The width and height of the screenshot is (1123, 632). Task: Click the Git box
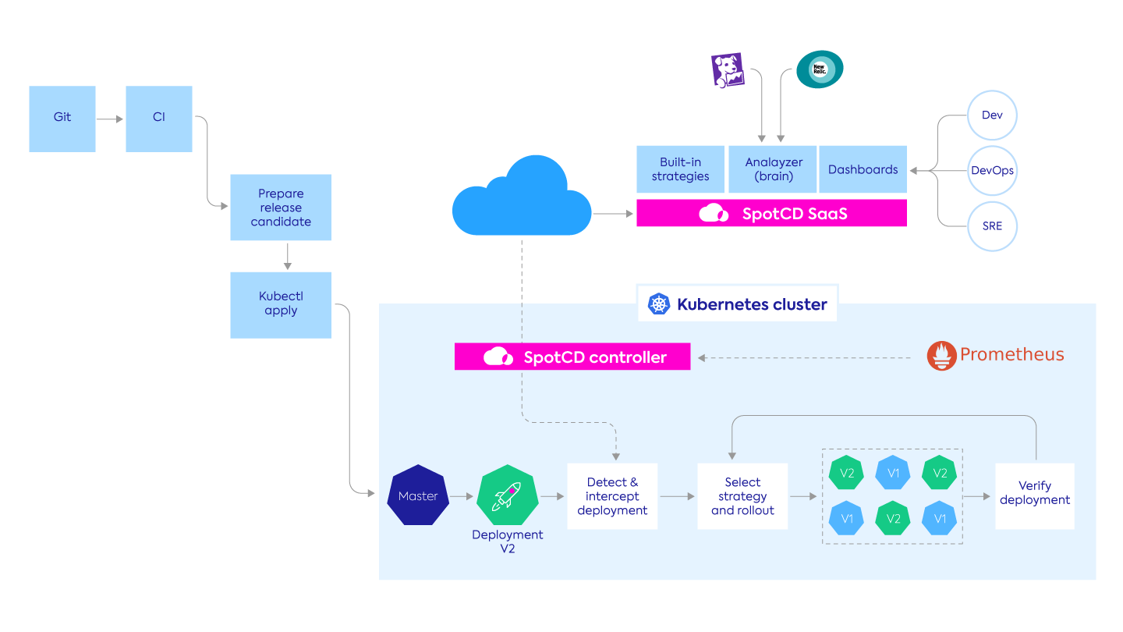[x=62, y=119]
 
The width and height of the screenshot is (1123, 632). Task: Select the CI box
[x=159, y=119]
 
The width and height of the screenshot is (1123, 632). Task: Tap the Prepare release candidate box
[x=281, y=208]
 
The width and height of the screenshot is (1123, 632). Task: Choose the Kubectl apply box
[x=281, y=304]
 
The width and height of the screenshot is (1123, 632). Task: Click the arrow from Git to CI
[x=110, y=119]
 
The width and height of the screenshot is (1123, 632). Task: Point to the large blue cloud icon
[x=522, y=197]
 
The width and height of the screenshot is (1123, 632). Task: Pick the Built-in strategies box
[x=681, y=169]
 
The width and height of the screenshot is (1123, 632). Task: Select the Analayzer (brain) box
[x=773, y=169]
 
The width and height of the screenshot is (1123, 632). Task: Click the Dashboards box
[x=863, y=169]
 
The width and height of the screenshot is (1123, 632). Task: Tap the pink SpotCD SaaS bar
[x=771, y=213]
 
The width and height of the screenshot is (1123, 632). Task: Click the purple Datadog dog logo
[x=727, y=70]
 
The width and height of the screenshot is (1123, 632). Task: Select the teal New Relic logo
[x=819, y=69]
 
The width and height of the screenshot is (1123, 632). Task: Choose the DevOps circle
[x=992, y=170]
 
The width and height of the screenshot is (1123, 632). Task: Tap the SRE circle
[x=992, y=226]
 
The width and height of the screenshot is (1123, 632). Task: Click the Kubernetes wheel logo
[x=660, y=304]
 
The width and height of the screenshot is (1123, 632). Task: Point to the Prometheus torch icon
[x=941, y=355]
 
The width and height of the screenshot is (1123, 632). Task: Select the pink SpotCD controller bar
[x=572, y=357]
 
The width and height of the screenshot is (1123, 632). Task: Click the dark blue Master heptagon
[x=418, y=496]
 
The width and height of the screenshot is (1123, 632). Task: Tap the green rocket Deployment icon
[x=508, y=495]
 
